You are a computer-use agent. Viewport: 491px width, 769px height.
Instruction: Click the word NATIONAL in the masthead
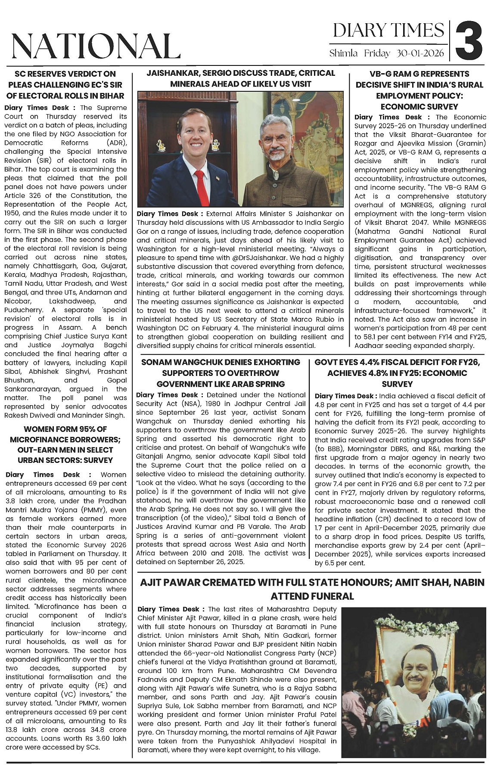click(x=96, y=46)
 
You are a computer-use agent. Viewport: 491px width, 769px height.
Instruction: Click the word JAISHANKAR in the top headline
click(x=175, y=73)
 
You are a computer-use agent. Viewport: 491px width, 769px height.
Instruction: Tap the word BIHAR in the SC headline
click(x=109, y=96)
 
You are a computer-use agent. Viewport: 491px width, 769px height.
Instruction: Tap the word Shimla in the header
click(x=344, y=53)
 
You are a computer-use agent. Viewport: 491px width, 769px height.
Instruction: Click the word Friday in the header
click(x=377, y=53)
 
